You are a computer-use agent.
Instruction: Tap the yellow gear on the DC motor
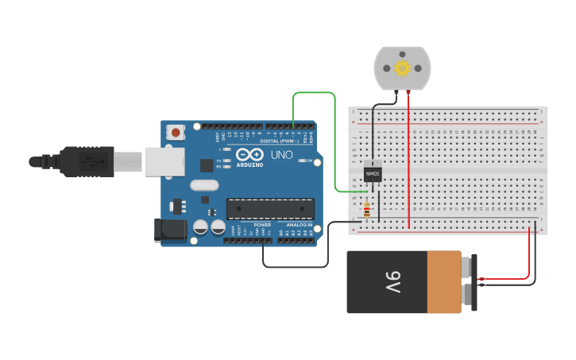(402, 68)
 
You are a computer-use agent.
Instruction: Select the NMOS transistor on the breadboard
(372, 173)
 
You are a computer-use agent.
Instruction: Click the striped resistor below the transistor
(366, 211)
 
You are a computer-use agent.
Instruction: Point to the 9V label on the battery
(394, 282)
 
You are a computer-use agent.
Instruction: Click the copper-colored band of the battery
(444, 282)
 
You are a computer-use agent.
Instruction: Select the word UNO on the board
(281, 155)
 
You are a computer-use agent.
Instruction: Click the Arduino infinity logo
(249, 155)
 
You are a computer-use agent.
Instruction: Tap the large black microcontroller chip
(270, 208)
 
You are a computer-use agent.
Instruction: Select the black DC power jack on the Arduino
(170, 230)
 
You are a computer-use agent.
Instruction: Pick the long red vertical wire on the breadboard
(408, 159)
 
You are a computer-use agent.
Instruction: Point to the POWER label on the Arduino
(262, 225)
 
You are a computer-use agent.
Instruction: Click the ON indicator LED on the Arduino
(302, 161)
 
